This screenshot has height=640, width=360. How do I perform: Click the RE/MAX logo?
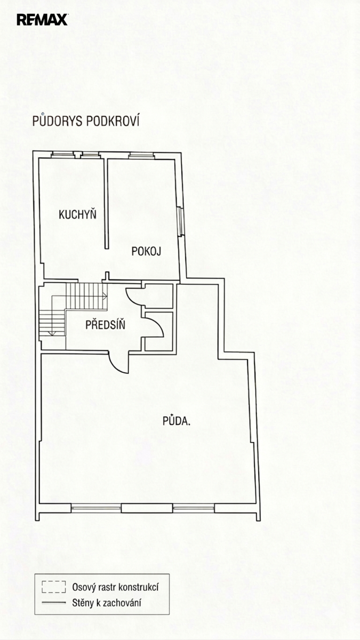[42, 20]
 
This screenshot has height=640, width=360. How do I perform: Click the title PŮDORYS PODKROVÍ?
[86, 121]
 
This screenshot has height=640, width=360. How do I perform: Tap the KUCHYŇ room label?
[77, 214]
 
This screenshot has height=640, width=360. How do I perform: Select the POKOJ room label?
[146, 251]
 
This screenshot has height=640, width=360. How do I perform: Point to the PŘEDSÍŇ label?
[106, 325]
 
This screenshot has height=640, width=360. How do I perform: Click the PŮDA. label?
[177, 421]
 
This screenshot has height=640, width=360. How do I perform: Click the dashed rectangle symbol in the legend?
[53, 587]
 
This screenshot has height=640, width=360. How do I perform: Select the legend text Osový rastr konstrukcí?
[115, 587]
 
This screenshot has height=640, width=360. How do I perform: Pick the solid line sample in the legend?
[53, 603]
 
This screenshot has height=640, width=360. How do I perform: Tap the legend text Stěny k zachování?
[107, 603]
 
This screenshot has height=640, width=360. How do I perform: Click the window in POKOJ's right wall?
[181, 221]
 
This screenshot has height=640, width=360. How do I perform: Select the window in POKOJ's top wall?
[141, 155]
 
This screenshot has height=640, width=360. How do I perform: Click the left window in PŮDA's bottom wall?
[96, 508]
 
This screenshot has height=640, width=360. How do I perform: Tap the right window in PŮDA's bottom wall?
[194, 508]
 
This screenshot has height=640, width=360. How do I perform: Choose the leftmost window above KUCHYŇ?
[62, 155]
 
